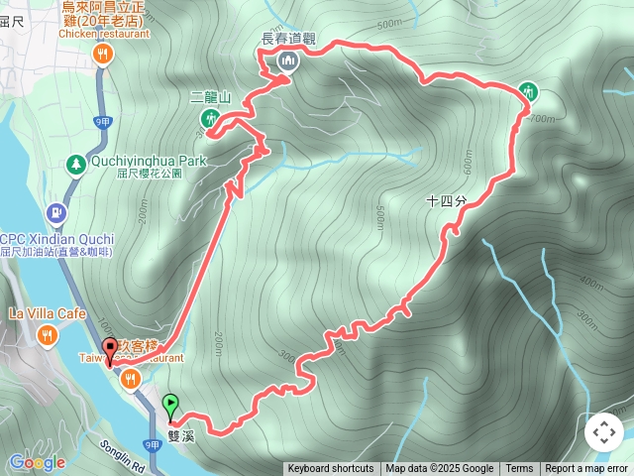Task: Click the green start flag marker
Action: point(170,405)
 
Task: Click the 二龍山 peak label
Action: point(210,97)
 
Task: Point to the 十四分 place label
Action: point(446,200)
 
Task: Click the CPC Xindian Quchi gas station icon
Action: point(55,212)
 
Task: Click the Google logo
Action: point(37,462)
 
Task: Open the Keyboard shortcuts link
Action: point(331,469)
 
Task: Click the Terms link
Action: point(519,469)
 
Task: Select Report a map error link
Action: point(587,469)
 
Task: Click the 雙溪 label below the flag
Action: point(181,434)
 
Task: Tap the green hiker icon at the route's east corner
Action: point(527,92)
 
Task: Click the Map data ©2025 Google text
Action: point(440,469)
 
